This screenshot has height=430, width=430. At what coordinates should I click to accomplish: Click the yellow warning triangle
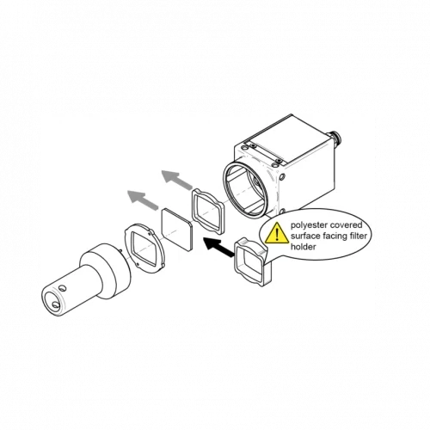[x=277, y=234]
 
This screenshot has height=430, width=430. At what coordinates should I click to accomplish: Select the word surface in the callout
[x=305, y=236]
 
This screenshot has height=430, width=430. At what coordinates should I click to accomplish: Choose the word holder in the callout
[x=304, y=247]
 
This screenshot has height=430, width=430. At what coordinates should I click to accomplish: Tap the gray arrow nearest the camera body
[x=177, y=179]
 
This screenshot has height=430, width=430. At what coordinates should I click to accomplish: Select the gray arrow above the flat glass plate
[x=143, y=200]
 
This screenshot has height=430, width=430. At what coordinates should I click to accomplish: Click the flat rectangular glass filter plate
[x=176, y=230]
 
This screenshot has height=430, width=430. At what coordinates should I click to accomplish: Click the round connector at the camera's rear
[x=334, y=136]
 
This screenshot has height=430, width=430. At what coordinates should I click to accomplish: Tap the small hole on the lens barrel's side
[x=63, y=287]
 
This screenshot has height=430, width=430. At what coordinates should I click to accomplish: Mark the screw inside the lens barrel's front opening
[x=55, y=305]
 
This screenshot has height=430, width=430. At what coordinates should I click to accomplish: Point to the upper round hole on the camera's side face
[x=282, y=177]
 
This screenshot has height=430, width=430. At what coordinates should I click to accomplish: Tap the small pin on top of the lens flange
[x=121, y=251]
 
